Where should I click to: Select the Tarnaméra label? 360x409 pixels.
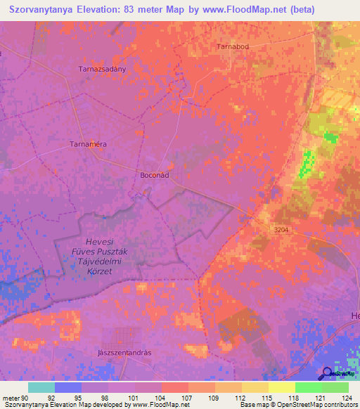tap(88, 143)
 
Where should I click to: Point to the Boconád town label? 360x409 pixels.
tap(155, 175)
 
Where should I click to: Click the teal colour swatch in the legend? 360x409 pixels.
tap(41, 387)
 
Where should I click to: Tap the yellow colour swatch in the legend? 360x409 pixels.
tap(281, 387)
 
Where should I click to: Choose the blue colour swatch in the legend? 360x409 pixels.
tap(67, 387)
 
